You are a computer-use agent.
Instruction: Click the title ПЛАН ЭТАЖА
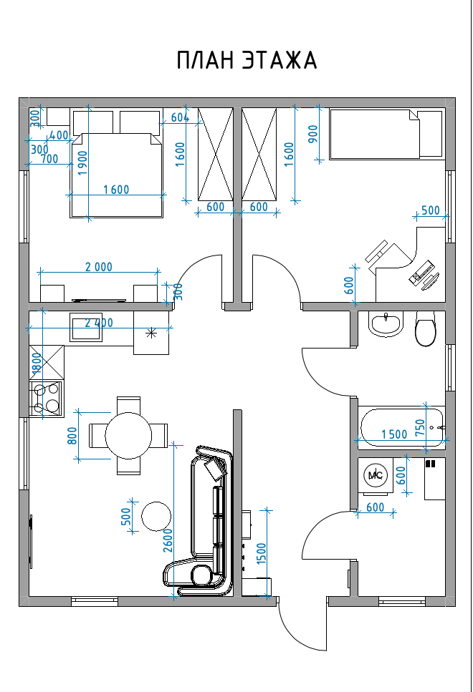[247, 61]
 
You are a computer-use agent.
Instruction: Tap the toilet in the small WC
[426, 330]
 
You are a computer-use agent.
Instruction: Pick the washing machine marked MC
[375, 474]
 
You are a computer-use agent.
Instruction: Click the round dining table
[128, 435]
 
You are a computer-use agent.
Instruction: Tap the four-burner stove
[45, 399]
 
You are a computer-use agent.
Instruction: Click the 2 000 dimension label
[99, 267]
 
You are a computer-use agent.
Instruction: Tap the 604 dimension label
[180, 117]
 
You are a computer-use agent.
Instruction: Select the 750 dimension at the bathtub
[420, 427]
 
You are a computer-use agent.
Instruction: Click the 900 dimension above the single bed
[312, 134]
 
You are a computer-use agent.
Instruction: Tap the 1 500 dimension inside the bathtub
[394, 434]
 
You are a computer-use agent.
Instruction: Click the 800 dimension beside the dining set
[72, 435]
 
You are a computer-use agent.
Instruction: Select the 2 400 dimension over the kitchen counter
[99, 323]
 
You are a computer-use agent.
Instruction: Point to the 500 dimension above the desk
[430, 210]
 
